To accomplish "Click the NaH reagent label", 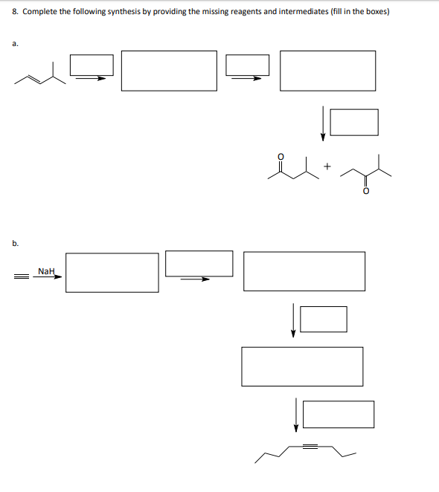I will coord(46,271).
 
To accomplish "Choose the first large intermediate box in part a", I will coord(169,71).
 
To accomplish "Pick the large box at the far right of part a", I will coord(327,71).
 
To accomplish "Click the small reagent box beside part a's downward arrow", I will coord(354,122).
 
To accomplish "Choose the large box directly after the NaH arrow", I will coord(112,272).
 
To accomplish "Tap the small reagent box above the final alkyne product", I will coord(338,414).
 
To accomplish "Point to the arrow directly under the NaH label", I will coord(48,278).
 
